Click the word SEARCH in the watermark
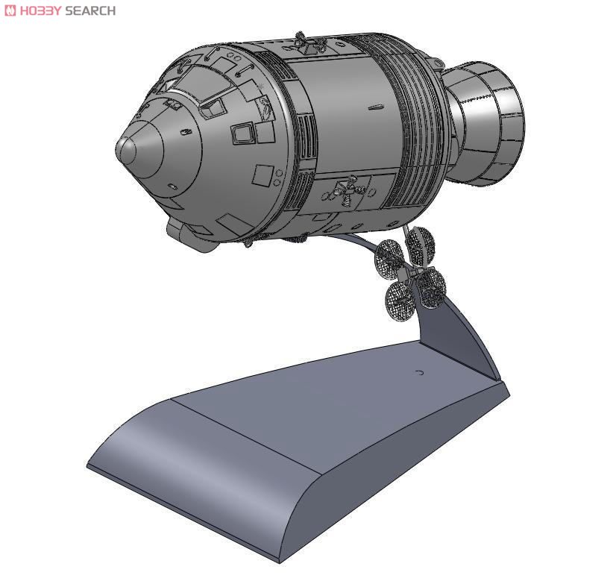click(x=90, y=10)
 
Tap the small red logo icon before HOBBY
click(x=8, y=10)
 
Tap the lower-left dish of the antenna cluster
click(x=399, y=298)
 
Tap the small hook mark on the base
click(x=419, y=371)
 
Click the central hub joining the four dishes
click(x=411, y=271)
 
